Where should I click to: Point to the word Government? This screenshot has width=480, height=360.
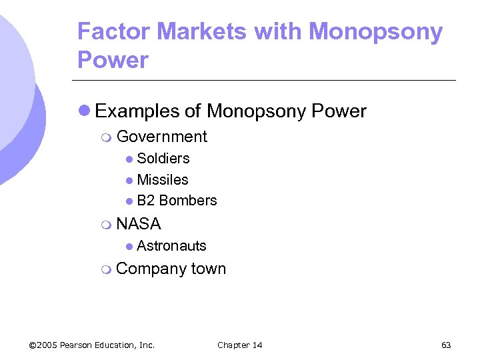[161, 137]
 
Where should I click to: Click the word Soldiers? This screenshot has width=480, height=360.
[163, 159]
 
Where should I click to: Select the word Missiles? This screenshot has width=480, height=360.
[163, 179]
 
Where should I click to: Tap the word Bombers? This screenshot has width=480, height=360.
[188, 201]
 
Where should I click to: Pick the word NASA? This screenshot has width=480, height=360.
[139, 224]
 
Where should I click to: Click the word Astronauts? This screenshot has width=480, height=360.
[171, 246]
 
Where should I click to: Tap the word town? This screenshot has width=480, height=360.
[209, 269]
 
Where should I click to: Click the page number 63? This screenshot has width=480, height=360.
[446, 345]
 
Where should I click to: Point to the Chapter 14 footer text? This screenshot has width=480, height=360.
[240, 345]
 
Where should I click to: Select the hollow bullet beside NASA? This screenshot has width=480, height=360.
[106, 225]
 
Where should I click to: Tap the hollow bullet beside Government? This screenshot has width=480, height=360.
[106, 137]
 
